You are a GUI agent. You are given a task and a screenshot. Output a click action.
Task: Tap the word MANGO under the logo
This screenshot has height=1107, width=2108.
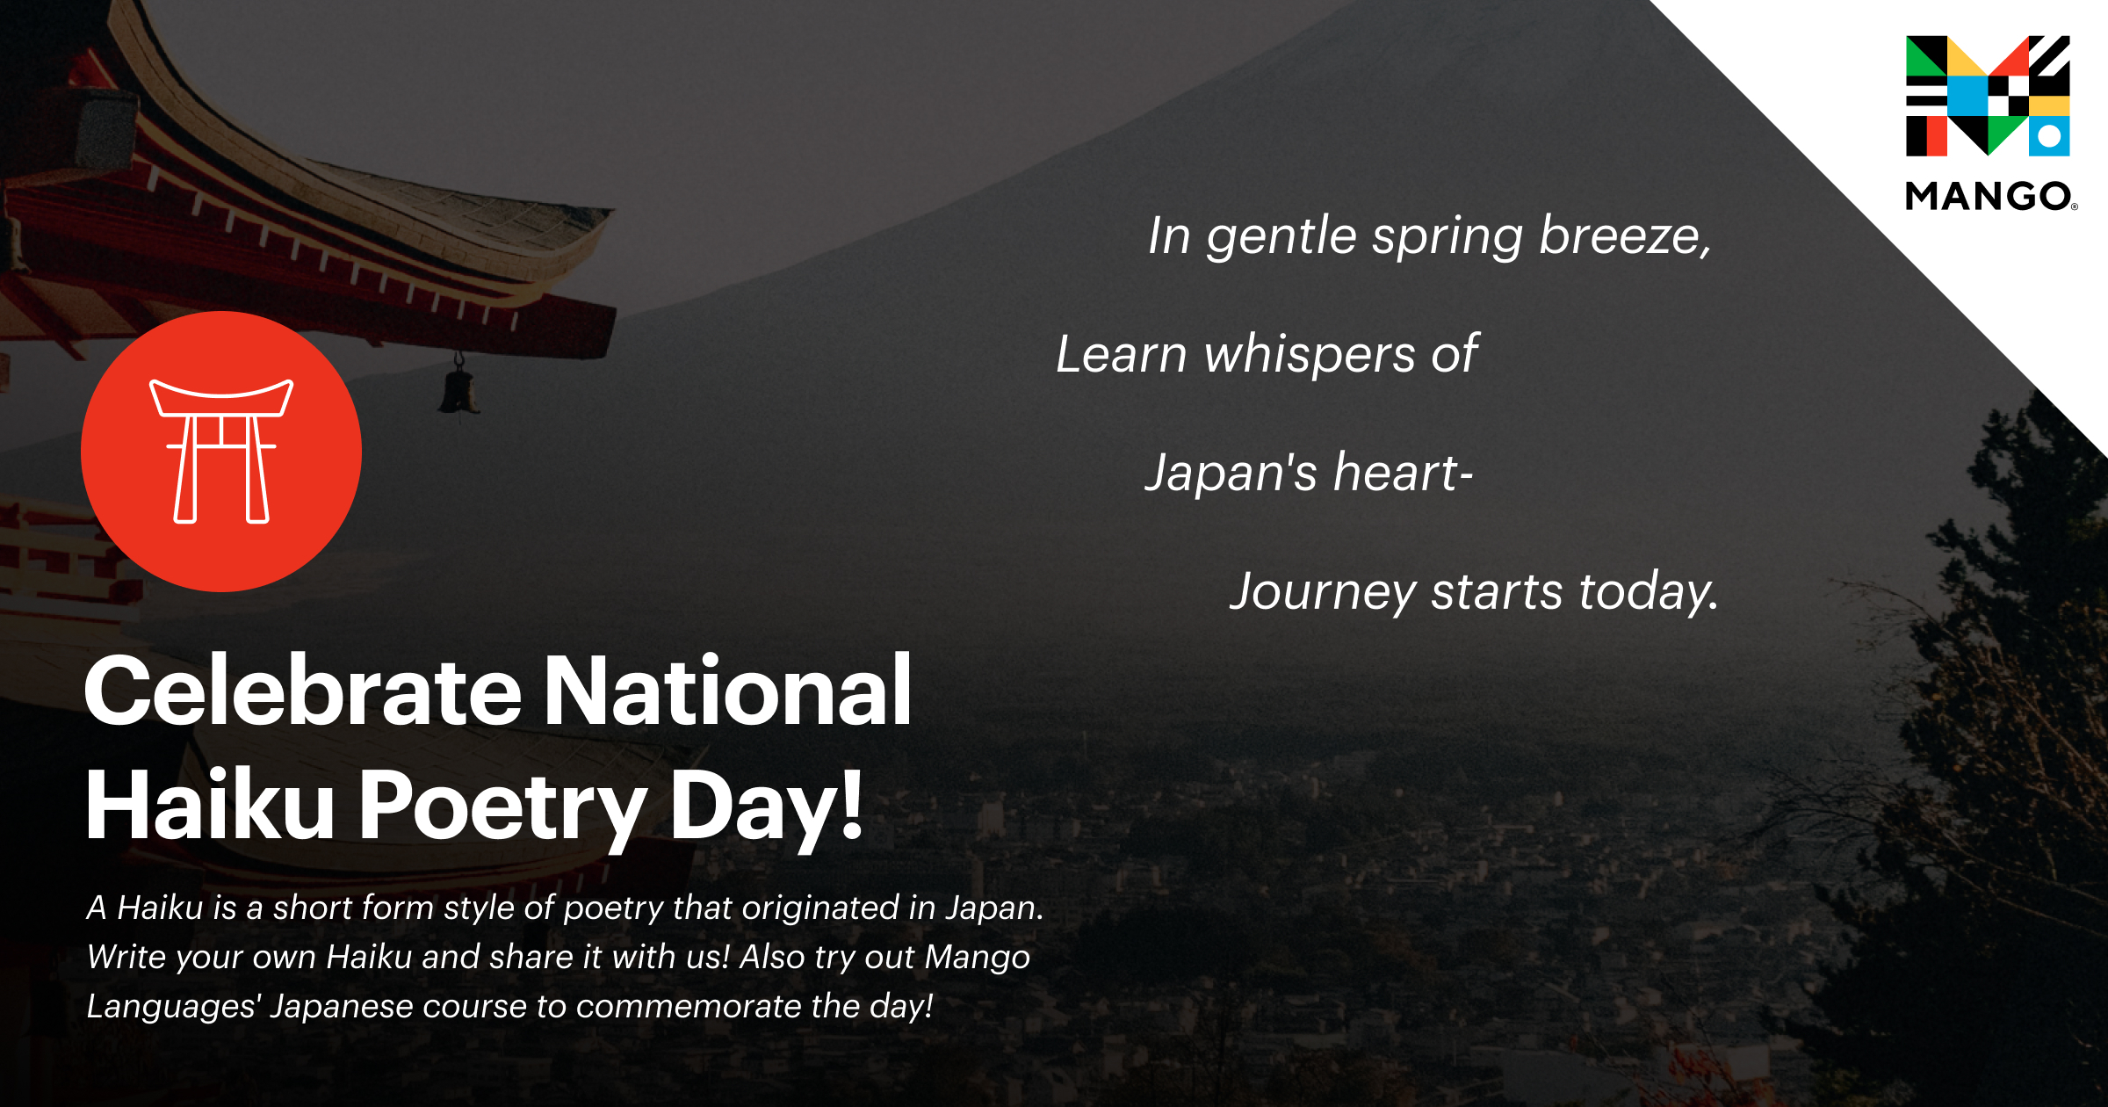1989,196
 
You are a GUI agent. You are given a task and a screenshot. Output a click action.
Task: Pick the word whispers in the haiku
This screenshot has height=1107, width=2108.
1310,355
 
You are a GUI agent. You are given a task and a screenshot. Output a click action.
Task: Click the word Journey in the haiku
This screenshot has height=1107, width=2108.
1322,592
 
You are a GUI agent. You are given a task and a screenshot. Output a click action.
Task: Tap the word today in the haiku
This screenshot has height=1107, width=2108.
1647,592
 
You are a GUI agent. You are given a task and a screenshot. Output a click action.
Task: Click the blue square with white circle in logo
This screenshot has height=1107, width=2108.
2049,136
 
